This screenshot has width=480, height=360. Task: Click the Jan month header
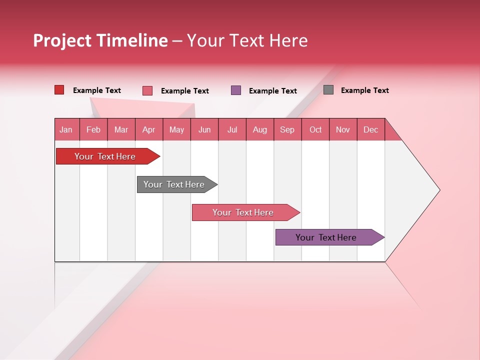(x=66, y=129)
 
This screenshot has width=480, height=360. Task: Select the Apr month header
(x=148, y=129)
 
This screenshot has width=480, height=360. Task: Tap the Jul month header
(x=232, y=129)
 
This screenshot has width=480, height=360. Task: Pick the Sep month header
(x=287, y=129)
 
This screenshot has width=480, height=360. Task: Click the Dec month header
(x=370, y=129)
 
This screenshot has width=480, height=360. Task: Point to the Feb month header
(x=93, y=129)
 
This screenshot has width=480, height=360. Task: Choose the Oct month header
(x=315, y=129)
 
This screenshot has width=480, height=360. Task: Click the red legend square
(x=59, y=90)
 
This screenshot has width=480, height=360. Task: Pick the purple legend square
(x=236, y=90)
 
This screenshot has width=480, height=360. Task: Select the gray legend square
(x=328, y=90)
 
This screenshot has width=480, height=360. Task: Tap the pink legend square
(x=147, y=90)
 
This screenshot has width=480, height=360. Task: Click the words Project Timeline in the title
(x=100, y=40)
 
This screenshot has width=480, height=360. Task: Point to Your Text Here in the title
(x=247, y=40)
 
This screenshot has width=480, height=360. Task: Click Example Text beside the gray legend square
(x=364, y=90)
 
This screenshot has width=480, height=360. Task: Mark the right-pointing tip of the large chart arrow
(x=438, y=190)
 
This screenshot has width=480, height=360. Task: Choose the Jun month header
(x=204, y=129)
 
